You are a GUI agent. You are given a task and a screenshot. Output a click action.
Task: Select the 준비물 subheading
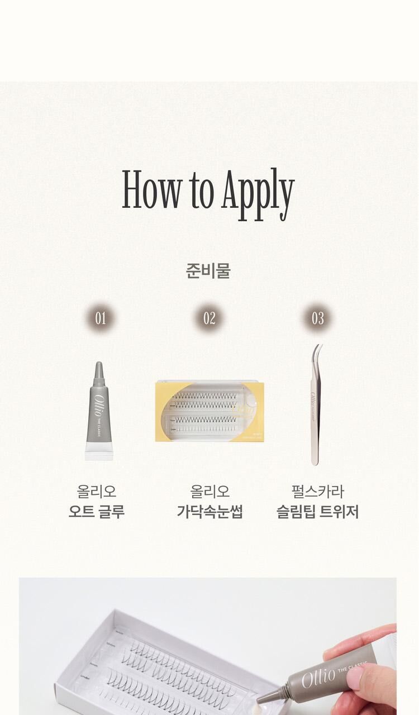pyautogui.click(x=208, y=271)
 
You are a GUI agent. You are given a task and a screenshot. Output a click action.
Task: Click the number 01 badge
pyautogui.click(x=101, y=318)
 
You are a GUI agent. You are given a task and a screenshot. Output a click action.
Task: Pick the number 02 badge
pyautogui.click(x=209, y=318)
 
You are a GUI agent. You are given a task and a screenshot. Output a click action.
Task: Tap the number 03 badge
pyautogui.click(x=317, y=318)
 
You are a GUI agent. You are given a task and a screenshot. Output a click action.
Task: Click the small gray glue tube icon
pyautogui.click(x=99, y=413)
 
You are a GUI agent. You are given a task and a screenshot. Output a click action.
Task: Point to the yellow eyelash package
pyautogui.click(x=209, y=411)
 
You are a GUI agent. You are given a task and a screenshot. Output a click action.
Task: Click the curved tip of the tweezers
pyautogui.click(x=318, y=350)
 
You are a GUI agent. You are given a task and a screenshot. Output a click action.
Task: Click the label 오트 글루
pyautogui.click(x=97, y=512)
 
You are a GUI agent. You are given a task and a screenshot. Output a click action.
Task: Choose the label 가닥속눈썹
pyautogui.click(x=209, y=512)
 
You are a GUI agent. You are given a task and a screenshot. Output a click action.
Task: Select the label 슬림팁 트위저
pyautogui.click(x=317, y=512)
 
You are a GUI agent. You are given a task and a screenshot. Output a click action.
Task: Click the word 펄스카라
pyautogui.click(x=317, y=492)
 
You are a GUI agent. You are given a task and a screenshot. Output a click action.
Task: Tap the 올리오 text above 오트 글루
pyautogui.click(x=97, y=492)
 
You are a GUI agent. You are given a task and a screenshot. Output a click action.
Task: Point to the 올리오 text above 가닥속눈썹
pyautogui.click(x=209, y=492)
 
